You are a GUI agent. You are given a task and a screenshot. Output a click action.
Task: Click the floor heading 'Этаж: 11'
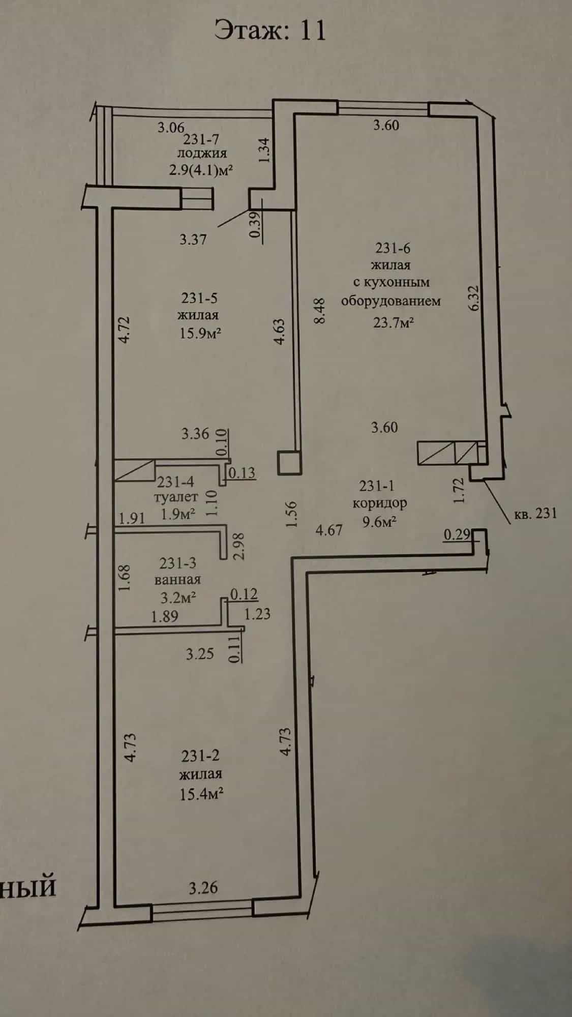tap(270, 30)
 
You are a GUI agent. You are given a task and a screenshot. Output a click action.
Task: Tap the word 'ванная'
tap(177, 579)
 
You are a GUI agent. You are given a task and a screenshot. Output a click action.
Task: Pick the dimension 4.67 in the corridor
tap(329, 531)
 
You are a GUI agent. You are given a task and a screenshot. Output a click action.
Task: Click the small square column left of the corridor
tap(289, 463)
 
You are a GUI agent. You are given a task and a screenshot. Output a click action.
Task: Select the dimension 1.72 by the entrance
tap(459, 490)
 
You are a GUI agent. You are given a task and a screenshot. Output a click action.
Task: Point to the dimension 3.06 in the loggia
tap(170, 127)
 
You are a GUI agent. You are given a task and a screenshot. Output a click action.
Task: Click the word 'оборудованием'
tap(390, 301)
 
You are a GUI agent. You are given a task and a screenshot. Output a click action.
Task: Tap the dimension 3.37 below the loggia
tap(193, 239)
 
